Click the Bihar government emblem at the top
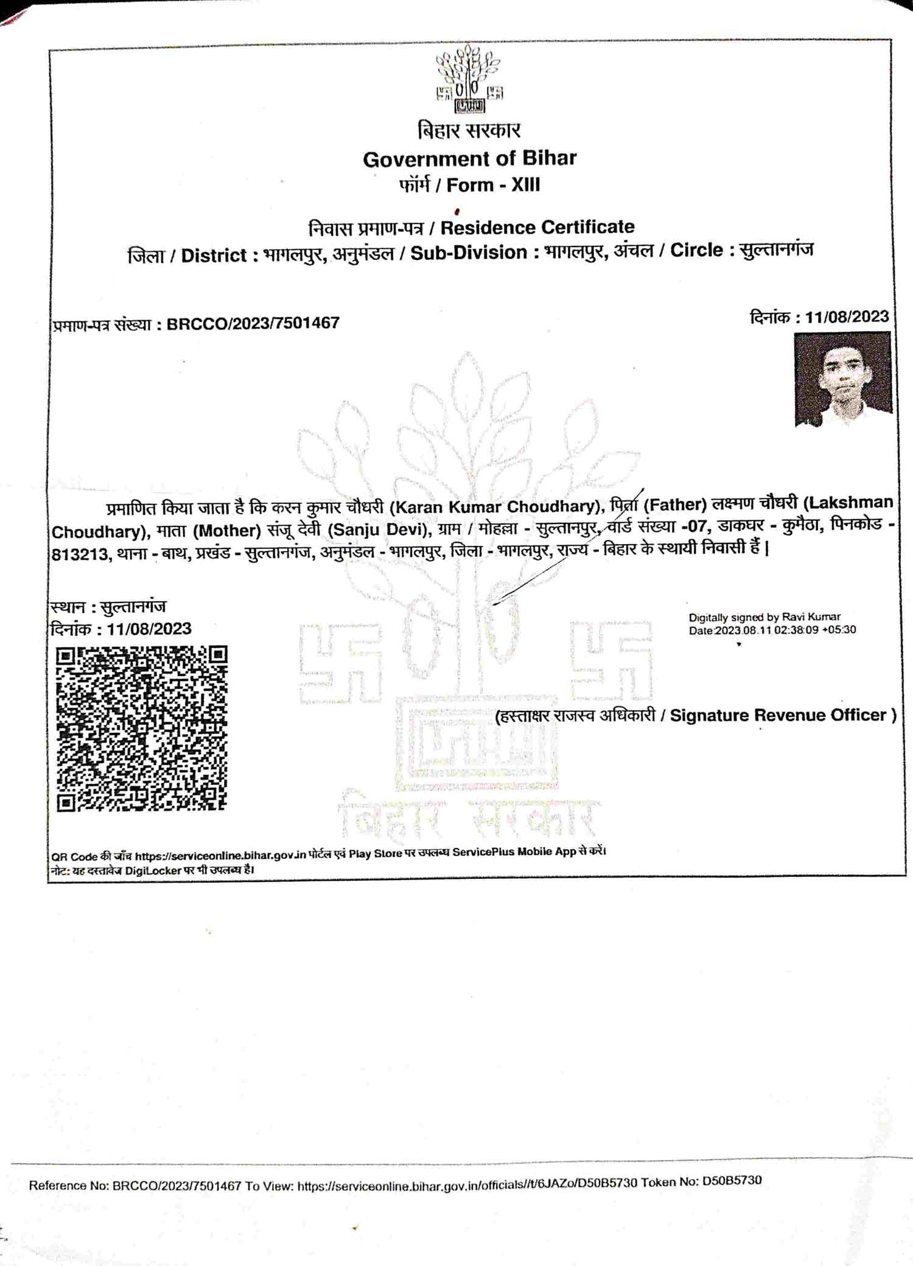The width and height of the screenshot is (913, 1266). tap(469, 79)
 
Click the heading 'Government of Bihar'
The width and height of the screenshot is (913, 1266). tap(469, 159)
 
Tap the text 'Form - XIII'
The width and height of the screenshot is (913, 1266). tap(493, 184)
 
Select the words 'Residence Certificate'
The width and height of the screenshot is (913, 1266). tap(537, 227)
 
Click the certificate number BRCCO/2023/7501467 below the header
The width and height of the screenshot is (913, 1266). tap(253, 323)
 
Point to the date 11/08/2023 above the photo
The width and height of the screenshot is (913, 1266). tap(847, 316)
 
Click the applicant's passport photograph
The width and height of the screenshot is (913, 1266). tap(843, 379)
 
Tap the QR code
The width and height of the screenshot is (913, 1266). tap(142, 728)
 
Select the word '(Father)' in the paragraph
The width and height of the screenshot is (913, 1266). tap(674, 505)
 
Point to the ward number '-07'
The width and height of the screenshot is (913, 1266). tap(696, 526)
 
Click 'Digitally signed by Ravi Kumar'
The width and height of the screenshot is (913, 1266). tap(764, 617)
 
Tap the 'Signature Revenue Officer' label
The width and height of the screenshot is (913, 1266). tap(778, 715)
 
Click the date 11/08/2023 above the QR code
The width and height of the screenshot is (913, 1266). tap(149, 629)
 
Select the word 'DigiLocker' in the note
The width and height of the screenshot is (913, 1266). tap(153, 870)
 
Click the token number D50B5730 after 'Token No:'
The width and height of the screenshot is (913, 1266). tap(731, 1181)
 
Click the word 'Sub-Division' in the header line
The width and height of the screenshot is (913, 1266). tap(469, 253)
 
